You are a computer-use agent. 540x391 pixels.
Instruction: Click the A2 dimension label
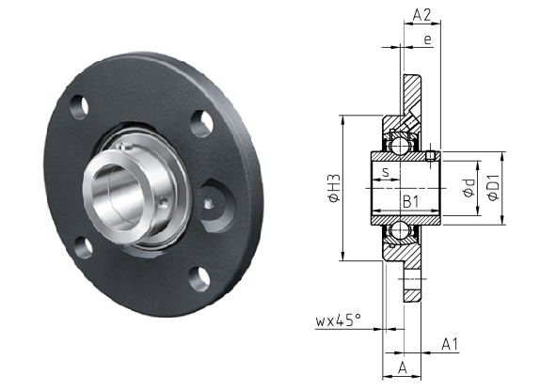coord(421,15)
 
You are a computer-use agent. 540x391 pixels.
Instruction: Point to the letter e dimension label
coord(427,39)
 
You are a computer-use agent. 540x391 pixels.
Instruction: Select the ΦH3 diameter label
coord(334,188)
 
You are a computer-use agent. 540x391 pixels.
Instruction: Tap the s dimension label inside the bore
coord(386,172)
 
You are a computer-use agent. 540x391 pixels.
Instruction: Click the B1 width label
coord(410,201)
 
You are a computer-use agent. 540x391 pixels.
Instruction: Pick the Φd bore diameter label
coord(469,188)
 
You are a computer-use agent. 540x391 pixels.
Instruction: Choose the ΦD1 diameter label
coord(493,188)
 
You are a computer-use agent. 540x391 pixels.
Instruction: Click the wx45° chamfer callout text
coord(338,321)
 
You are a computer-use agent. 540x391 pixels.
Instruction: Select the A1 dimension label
coord(450,344)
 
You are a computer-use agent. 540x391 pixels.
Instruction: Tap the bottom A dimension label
coord(403,368)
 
